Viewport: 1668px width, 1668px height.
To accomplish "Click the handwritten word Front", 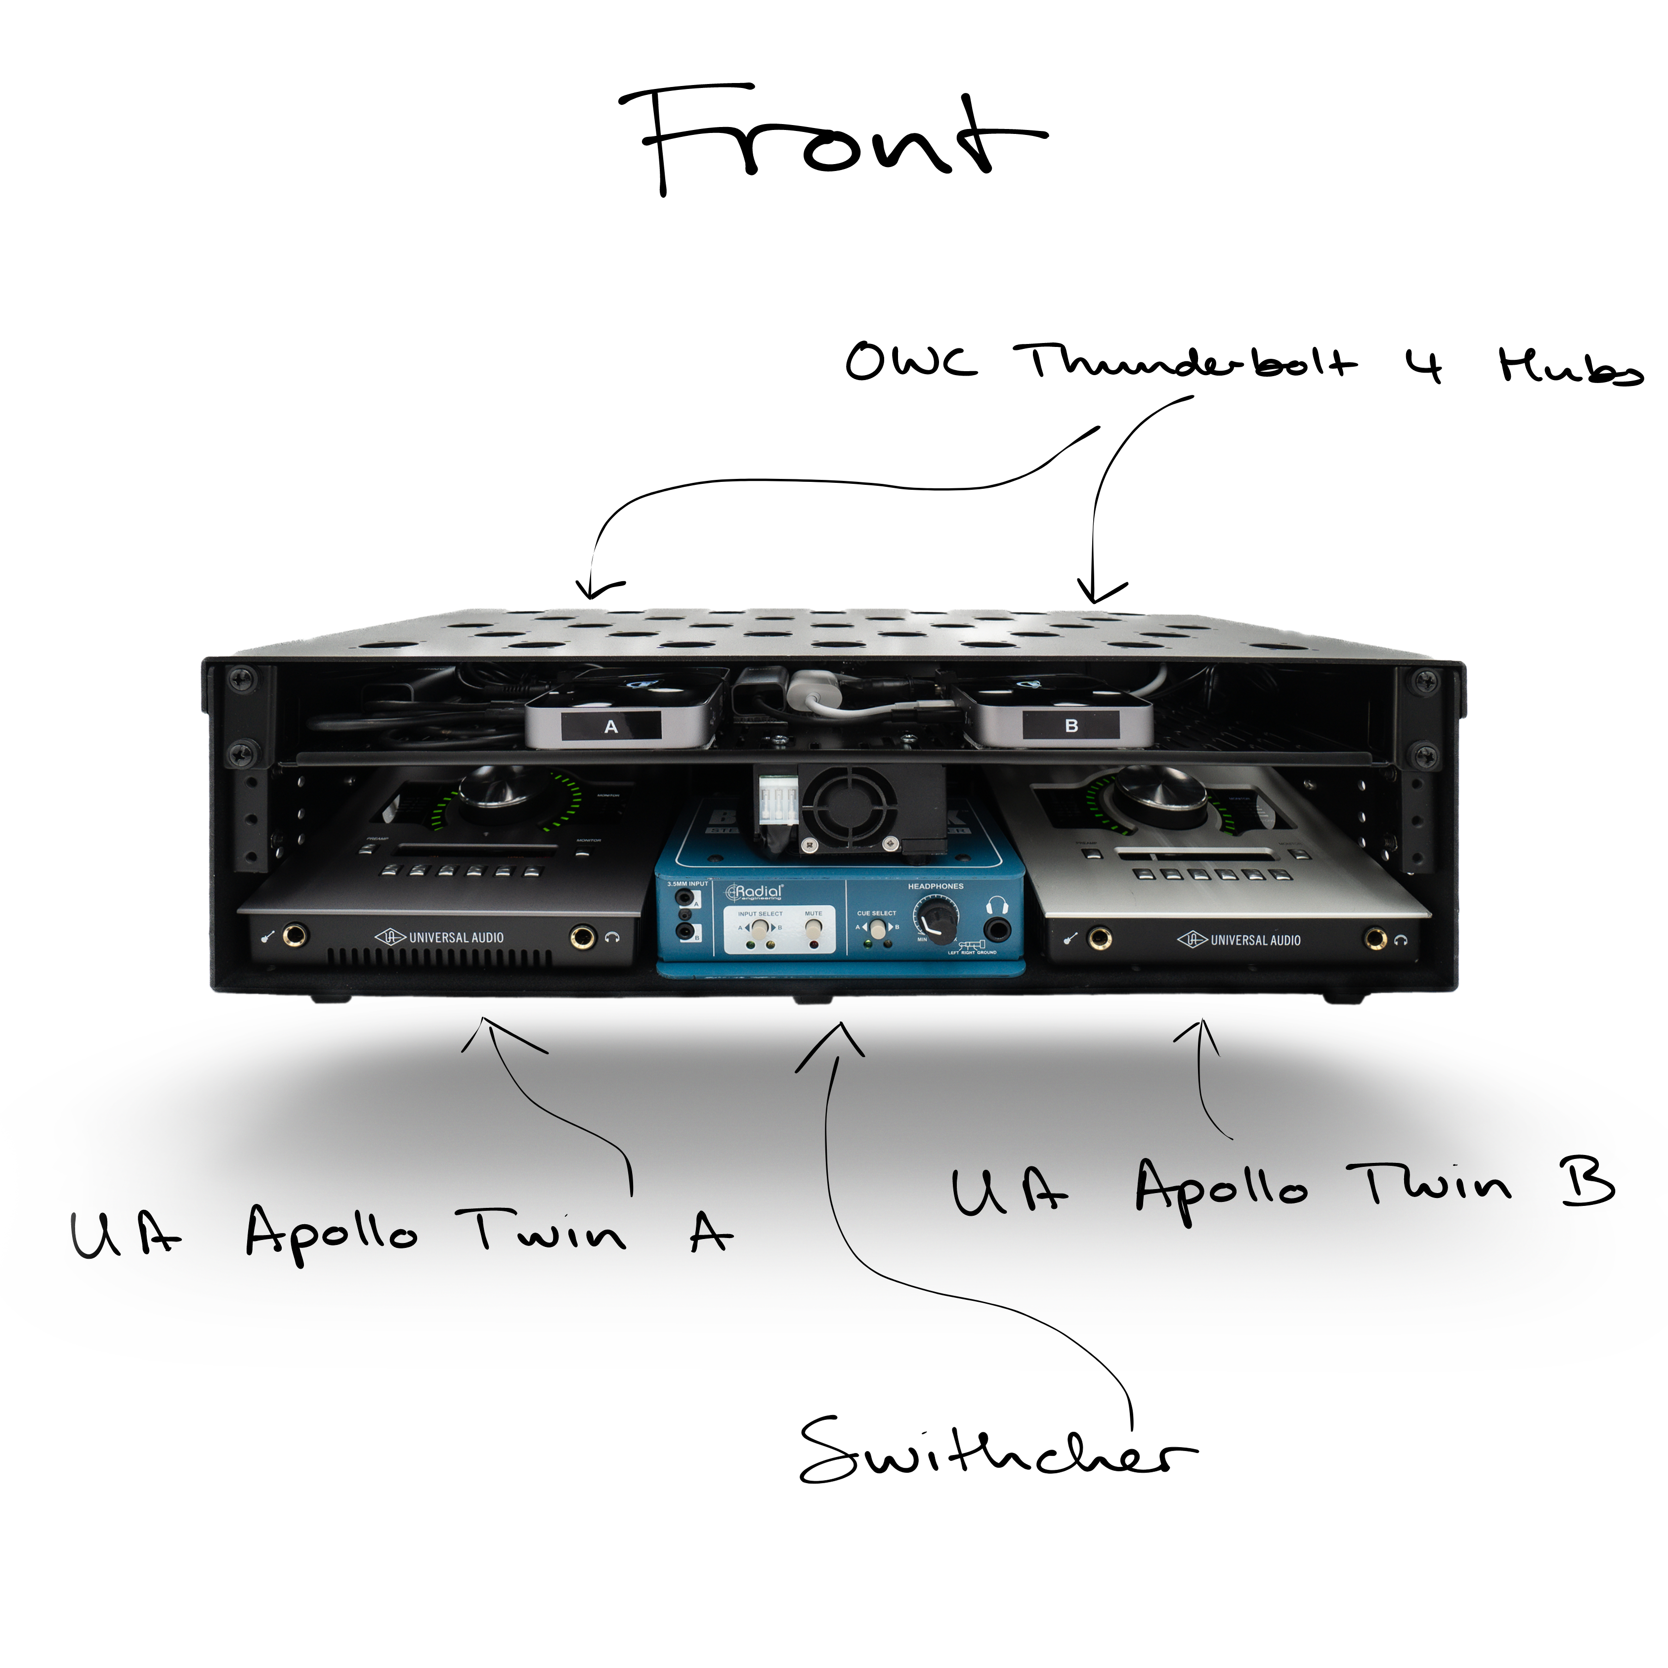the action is coord(833,138).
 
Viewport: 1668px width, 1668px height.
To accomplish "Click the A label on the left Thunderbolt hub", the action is coord(611,727).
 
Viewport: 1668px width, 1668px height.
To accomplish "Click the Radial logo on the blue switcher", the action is coord(756,891).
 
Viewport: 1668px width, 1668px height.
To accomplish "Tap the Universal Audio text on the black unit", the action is coord(456,938).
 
